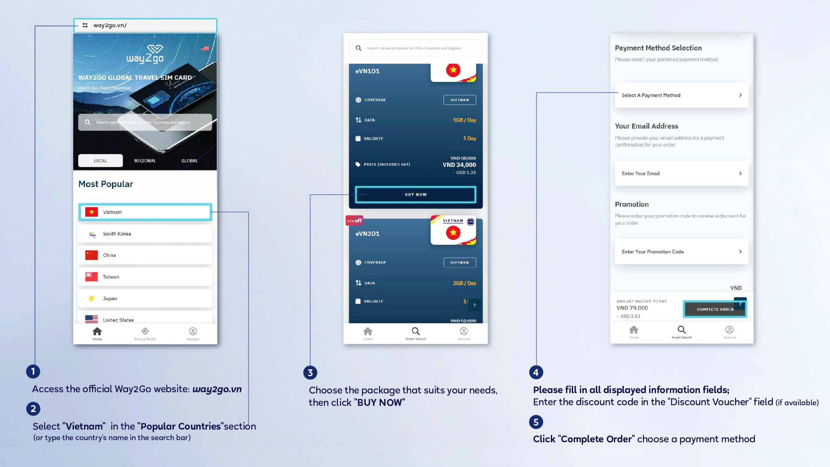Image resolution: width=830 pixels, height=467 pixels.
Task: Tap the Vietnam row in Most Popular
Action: [145, 212]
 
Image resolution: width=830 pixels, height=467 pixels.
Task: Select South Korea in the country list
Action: [145, 234]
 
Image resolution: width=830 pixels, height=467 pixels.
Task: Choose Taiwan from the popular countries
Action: [145, 277]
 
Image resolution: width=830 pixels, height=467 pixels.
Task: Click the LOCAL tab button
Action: [100, 161]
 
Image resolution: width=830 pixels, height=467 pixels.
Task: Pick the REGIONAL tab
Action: [145, 161]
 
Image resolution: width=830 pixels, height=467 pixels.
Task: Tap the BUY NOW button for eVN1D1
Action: [416, 194]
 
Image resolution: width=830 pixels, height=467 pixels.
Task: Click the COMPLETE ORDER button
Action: [715, 309]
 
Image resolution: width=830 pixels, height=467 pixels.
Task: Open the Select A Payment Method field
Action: [682, 95]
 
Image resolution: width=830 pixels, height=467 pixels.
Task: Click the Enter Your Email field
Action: [682, 173]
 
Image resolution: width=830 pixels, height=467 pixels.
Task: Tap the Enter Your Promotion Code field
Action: [682, 252]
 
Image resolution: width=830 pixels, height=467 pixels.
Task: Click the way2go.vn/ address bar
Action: [145, 25]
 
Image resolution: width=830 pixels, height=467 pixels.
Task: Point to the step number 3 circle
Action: [310, 373]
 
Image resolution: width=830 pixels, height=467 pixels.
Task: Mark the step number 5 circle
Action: [536, 422]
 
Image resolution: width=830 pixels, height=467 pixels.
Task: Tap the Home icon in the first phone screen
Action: [97, 332]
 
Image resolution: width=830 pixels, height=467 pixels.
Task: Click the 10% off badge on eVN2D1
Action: [354, 221]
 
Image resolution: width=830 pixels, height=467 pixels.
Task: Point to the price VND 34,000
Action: [459, 165]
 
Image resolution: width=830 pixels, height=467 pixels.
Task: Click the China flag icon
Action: [91, 255]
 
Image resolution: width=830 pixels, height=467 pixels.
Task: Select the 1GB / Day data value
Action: [464, 120]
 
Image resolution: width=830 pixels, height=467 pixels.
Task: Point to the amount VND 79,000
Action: [632, 308]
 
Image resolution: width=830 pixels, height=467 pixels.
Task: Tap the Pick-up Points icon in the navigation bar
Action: [145, 332]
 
